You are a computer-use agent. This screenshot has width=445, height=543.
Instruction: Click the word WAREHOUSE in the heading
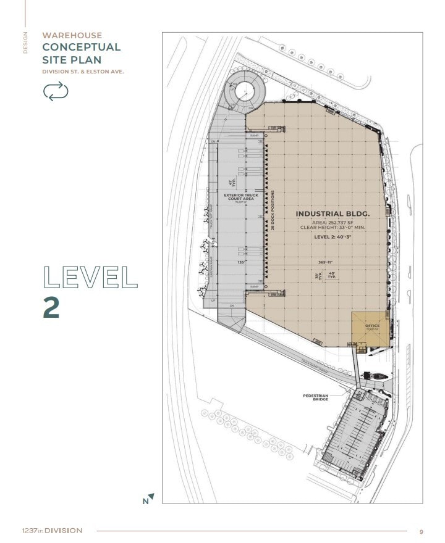[72, 35]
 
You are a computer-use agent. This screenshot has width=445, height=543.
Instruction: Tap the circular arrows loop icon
[56, 92]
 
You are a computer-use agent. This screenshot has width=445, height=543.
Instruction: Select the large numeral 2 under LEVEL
[51, 307]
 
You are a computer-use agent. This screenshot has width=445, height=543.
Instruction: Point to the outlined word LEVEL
[90, 278]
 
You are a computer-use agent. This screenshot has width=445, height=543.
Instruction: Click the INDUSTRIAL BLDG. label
[333, 214]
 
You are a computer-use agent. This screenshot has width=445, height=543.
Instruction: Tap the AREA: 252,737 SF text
[333, 222]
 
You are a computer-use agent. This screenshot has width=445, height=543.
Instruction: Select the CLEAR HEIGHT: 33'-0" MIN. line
[333, 228]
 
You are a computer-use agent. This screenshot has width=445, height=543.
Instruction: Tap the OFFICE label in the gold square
[371, 326]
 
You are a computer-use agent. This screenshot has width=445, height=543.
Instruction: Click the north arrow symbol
[148, 499]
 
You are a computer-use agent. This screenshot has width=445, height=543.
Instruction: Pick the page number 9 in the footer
[421, 531]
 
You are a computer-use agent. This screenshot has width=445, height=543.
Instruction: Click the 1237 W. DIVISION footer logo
[51, 531]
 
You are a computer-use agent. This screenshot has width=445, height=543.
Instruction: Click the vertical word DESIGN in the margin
[26, 43]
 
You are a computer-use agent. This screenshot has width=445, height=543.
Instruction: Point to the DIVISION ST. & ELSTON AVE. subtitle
[83, 72]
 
